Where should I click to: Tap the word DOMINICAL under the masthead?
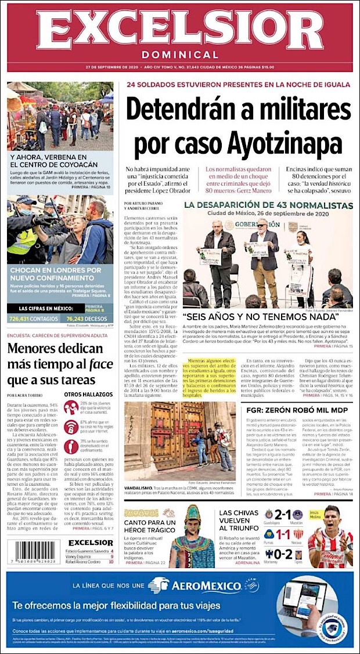pyautogui.click(x=180, y=55)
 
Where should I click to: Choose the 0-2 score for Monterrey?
pyautogui.click(x=283, y=555)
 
